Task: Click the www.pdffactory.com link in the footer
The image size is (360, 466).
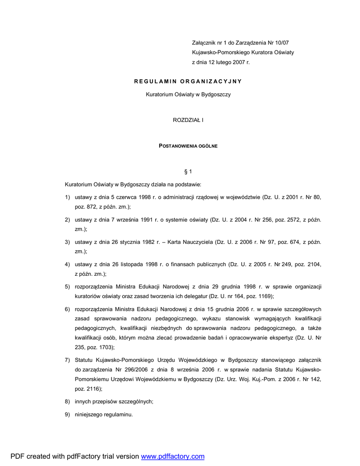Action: [x=172, y=456]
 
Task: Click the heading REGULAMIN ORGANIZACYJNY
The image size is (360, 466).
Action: [x=188, y=81]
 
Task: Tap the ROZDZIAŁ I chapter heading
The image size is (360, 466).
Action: [x=188, y=120]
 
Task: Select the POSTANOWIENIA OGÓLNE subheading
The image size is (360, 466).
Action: [x=188, y=146]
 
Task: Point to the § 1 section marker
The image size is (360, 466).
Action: [x=188, y=172]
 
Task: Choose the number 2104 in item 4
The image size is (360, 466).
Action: [x=313, y=264]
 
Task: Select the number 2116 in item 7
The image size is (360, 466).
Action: [x=92, y=389]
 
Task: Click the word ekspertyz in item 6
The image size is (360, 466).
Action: [x=280, y=338]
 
